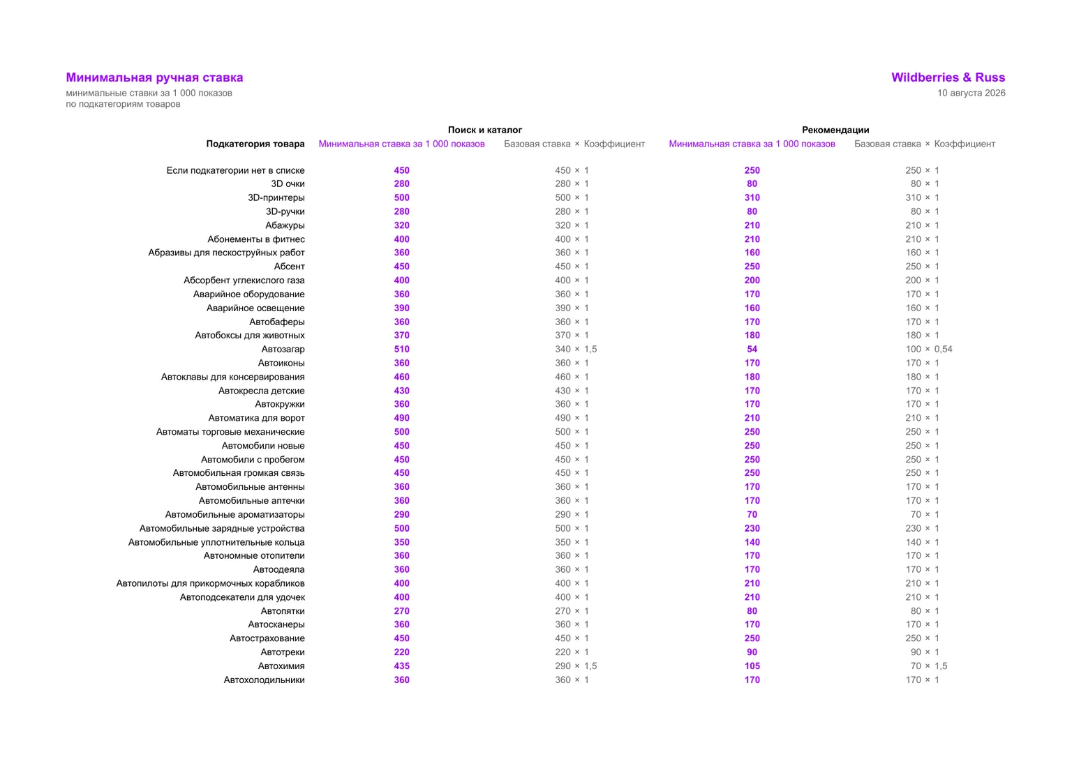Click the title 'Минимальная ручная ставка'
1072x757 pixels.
click(x=154, y=77)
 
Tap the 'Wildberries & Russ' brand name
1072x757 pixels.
click(x=948, y=77)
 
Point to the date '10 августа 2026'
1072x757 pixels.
click(x=971, y=93)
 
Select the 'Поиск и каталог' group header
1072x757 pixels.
click(x=485, y=130)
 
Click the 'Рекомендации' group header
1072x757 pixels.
click(x=835, y=130)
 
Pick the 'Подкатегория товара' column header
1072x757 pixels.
click(x=255, y=144)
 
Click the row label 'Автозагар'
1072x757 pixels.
click(x=283, y=350)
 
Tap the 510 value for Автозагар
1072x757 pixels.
click(x=401, y=350)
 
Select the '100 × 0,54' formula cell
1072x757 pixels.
click(x=928, y=350)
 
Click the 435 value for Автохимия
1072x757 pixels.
click(x=401, y=666)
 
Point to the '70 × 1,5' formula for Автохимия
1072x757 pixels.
click(x=928, y=666)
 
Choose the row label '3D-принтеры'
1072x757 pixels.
click(x=276, y=197)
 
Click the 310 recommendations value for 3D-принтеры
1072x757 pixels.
click(x=752, y=197)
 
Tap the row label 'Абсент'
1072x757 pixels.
click(x=289, y=267)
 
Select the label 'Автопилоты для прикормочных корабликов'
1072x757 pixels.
click(x=211, y=583)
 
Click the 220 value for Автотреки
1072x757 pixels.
click(x=401, y=652)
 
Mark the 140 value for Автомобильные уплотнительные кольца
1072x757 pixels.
click(x=752, y=542)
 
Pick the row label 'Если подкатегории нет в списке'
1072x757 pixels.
click(x=235, y=170)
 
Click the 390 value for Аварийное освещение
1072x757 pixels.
click(x=401, y=308)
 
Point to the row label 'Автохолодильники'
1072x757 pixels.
click(x=265, y=680)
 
